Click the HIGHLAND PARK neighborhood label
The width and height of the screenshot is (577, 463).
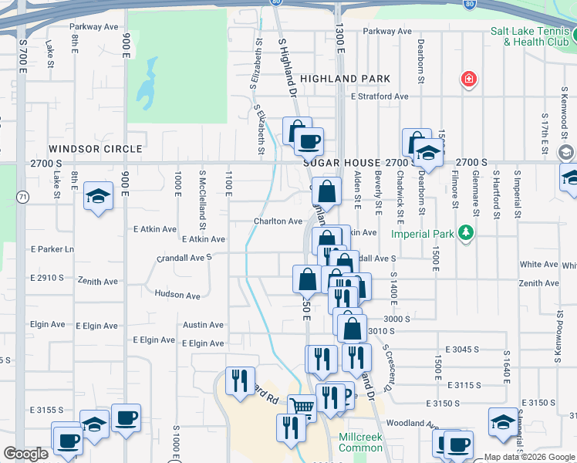coord(345,79)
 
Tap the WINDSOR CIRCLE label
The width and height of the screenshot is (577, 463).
coord(96,148)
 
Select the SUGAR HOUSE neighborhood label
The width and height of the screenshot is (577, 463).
coord(342,163)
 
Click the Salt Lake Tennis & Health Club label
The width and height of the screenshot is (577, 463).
coord(530,36)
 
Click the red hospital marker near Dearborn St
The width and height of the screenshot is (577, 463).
coord(468,79)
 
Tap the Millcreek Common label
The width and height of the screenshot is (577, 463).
coord(361,441)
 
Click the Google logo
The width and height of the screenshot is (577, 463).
coord(25,454)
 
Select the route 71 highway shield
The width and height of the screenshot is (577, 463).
coord(24,198)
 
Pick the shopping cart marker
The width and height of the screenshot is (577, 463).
coord(302,407)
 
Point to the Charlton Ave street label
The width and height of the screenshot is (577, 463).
coord(278,221)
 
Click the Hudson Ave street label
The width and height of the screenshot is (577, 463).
coord(177,295)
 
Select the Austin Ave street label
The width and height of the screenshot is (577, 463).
coord(203,325)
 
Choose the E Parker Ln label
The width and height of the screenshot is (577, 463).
coord(52,249)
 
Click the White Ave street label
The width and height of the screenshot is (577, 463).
coord(538,264)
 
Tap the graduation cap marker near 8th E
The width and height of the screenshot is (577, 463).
coord(98,198)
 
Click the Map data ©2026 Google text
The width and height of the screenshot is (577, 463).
coord(529,457)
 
